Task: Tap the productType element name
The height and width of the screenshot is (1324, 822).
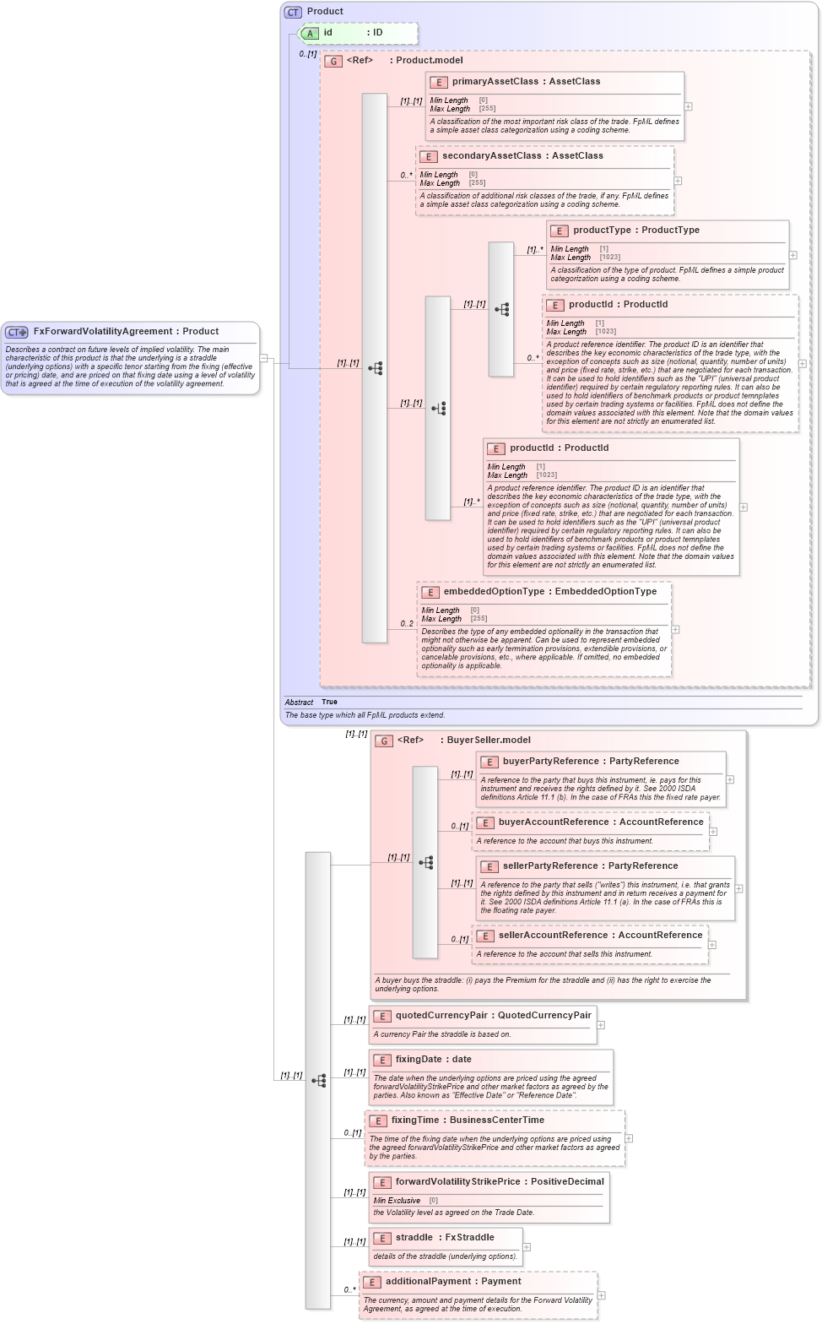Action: click(x=602, y=231)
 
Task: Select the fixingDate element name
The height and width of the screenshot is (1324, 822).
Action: click(x=419, y=1060)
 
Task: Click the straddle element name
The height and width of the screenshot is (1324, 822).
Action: click(x=414, y=1238)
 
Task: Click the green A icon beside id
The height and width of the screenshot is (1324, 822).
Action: click(x=310, y=34)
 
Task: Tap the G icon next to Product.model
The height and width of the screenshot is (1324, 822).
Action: click(x=333, y=61)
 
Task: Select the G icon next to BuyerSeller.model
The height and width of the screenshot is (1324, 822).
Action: click(x=384, y=741)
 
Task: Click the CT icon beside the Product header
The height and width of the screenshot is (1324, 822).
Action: click(x=293, y=12)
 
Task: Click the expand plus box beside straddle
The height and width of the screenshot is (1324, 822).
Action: click(x=527, y=1247)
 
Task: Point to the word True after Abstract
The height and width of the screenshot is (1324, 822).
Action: click(x=329, y=703)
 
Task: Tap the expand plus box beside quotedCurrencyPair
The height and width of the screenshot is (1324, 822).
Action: click(x=601, y=1025)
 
